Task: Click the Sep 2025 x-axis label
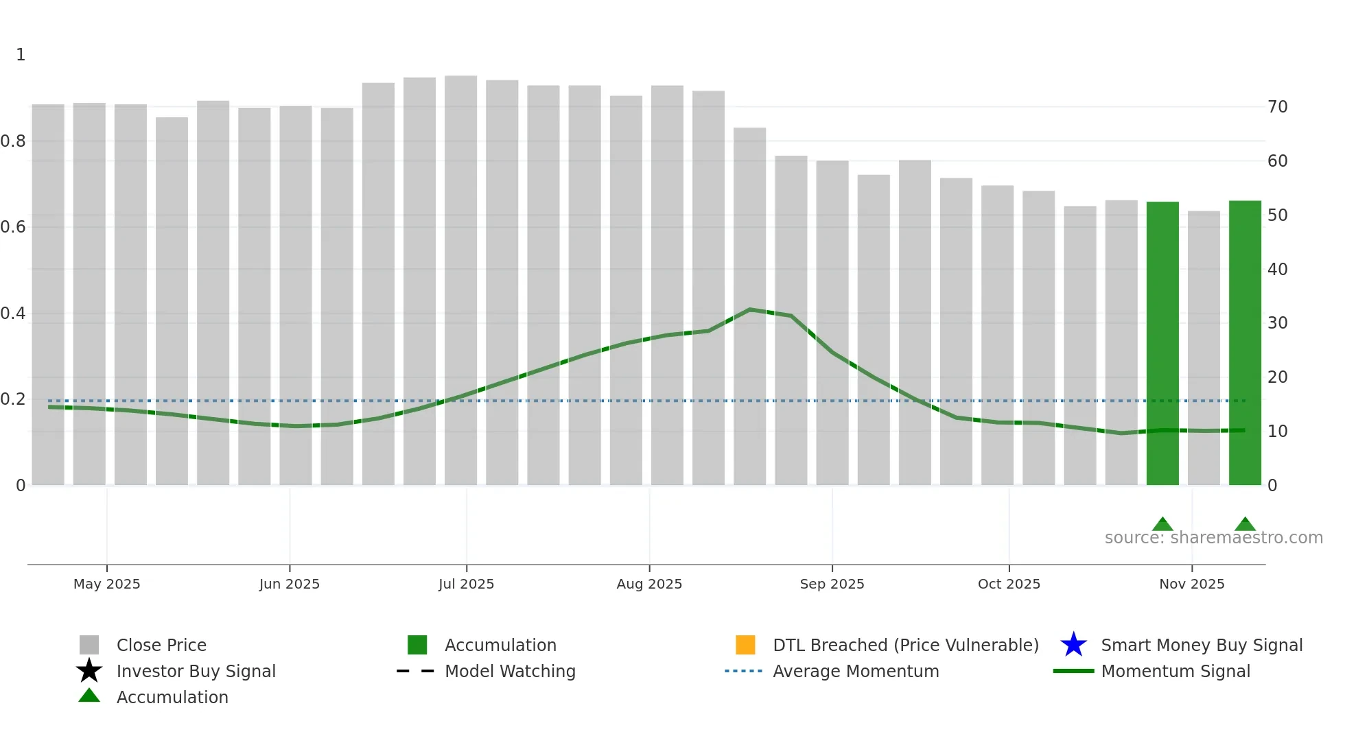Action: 832,584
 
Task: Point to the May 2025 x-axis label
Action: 106,584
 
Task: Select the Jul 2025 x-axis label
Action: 466,584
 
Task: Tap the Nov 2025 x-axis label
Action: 1191,584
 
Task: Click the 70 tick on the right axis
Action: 1277,107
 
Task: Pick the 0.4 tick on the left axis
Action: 14,314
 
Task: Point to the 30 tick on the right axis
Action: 1277,323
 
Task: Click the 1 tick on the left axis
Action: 21,55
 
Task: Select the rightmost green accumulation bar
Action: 1244,343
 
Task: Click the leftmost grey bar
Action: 48,295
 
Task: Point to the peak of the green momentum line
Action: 750,309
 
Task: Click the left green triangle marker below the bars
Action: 1162,524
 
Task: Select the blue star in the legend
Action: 1073,645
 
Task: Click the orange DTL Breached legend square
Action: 745,645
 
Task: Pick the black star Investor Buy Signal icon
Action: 89,671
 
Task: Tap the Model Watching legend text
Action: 510,671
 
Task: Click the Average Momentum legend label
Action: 856,671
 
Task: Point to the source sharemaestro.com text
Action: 1213,538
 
